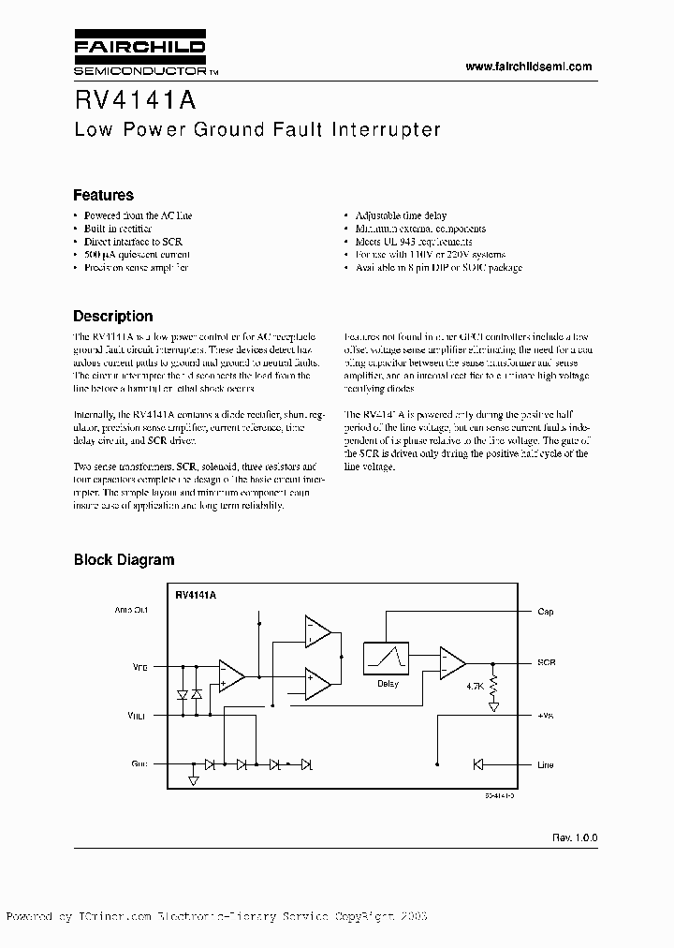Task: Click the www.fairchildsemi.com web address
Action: pos(529,67)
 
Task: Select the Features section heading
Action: pos(103,195)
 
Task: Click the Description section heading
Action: pos(112,316)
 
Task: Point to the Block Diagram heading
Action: pos(124,560)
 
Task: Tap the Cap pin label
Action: pos(546,612)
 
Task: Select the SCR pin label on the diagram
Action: pos(547,662)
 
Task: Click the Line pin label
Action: pos(546,765)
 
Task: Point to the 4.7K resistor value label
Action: pos(476,686)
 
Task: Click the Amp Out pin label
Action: pos(131,610)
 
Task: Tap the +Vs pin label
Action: pos(546,714)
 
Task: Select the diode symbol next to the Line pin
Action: pos(477,765)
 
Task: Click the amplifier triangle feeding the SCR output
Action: pos(452,662)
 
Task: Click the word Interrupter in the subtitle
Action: pos(386,130)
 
